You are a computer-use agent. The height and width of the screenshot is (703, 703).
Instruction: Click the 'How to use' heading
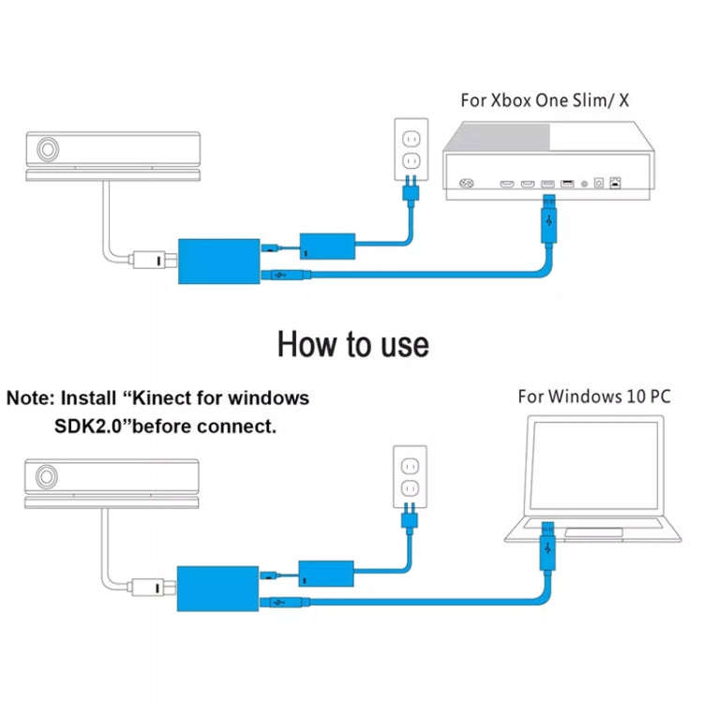coord(352,344)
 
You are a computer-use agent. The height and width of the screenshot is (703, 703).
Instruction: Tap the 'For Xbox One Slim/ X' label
coord(545,100)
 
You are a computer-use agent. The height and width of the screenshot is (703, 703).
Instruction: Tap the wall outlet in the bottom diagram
coord(409,477)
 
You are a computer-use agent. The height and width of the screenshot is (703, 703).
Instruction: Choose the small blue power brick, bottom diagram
coord(326,573)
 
